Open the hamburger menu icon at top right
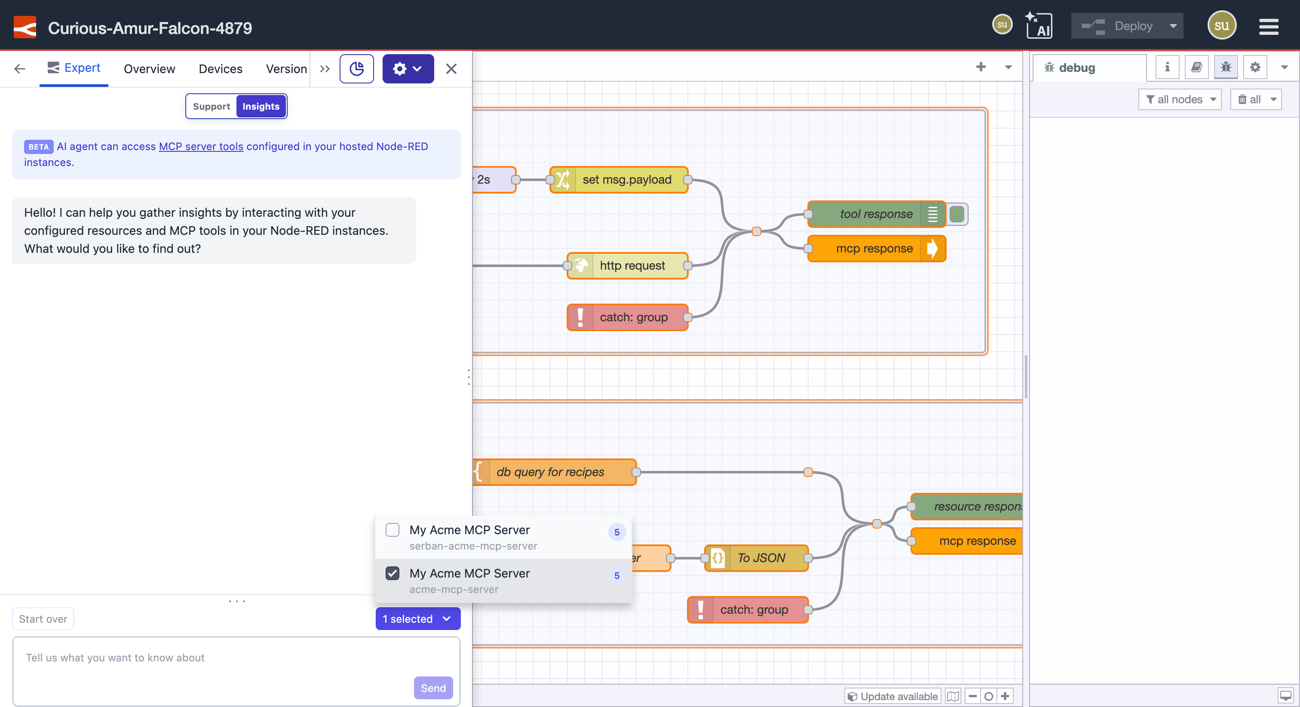(1268, 26)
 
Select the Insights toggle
(261, 107)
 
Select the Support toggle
(211, 107)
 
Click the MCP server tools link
(201, 147)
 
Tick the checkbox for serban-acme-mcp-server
(392, 530)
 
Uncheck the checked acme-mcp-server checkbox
(392, 573)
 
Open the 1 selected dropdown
(417, 618)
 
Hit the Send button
(432, 688)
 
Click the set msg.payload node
(626, 180)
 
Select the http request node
(632, 266)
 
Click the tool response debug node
(876, 214)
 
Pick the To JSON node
(760, 558)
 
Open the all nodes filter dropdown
(1179, 99)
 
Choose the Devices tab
(221, 69)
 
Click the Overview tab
(149, 69)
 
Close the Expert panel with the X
(451, 69)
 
